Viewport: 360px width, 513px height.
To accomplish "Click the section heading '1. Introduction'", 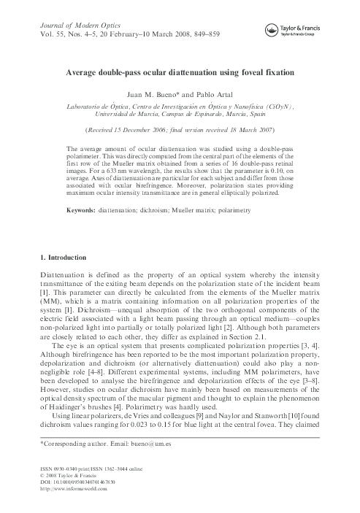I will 49,258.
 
